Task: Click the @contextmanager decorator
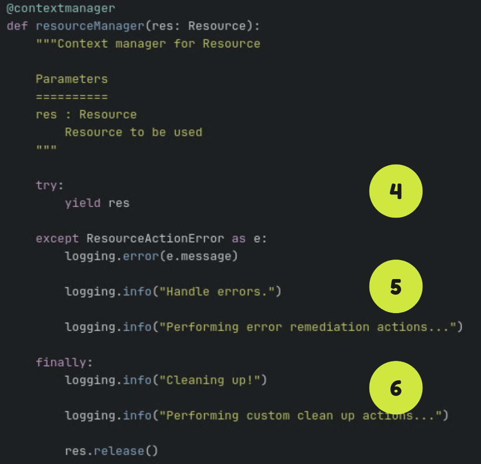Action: coord(61,9)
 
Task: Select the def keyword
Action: coord(17,26)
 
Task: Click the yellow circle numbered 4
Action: coord(395,191)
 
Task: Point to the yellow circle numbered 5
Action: coord(395,287)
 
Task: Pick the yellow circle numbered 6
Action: coord(395,388)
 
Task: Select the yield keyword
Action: coord(83,203)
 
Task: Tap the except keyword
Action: coord(58,238)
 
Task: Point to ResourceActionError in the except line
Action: coord(155,238)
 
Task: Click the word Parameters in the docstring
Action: coord(72,79)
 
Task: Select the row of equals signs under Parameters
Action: coord(72,97)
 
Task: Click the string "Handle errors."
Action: coord(217,291)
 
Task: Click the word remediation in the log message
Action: coord(329,327)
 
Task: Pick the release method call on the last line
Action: coord(119,451)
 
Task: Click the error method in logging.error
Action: coord(141,256)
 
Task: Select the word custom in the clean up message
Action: coord(268,416)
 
